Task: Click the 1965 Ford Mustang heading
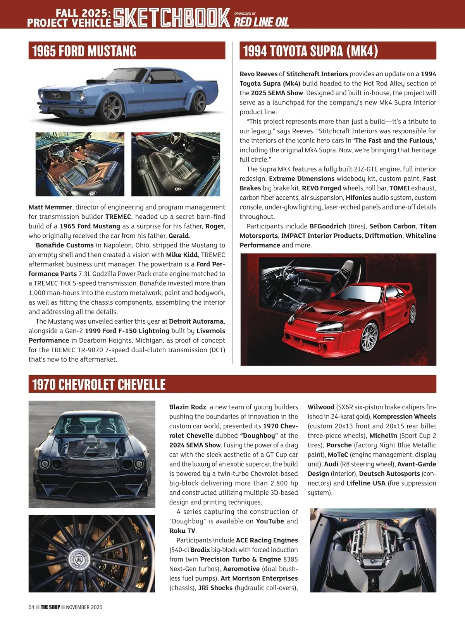point(84,51)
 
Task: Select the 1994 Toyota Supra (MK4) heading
point(310,51)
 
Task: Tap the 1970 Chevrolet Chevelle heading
point(99,384)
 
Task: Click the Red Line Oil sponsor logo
point(262,22)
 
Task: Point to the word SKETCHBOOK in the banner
point(172,18)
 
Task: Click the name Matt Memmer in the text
point(50,207)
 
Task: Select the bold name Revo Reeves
point(258,74)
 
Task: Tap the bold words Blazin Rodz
point(188,407)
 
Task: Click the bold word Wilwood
point(321,407)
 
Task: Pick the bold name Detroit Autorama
point(196,321)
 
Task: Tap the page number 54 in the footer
point(31,607)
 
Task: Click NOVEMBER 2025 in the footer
point(84,607)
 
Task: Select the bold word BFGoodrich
point(327,226)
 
